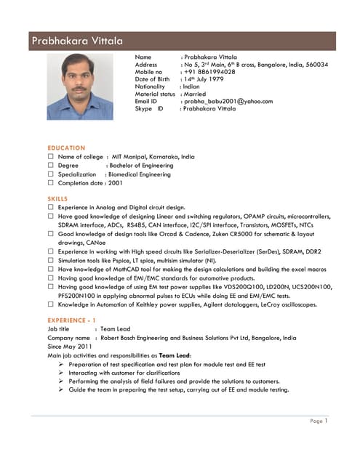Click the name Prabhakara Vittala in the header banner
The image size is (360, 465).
point(77,41)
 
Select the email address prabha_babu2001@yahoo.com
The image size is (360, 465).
point(228,101)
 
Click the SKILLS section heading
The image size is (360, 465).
point(57,198)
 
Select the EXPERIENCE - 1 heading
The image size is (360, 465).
point(71,320)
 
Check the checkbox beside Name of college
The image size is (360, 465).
point(51,156)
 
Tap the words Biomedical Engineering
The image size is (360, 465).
point(139,174)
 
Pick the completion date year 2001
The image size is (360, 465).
point(115,183)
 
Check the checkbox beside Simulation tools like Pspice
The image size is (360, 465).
point(51,259)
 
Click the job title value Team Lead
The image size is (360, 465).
point(115,329)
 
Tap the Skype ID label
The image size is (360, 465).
point(149,108)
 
